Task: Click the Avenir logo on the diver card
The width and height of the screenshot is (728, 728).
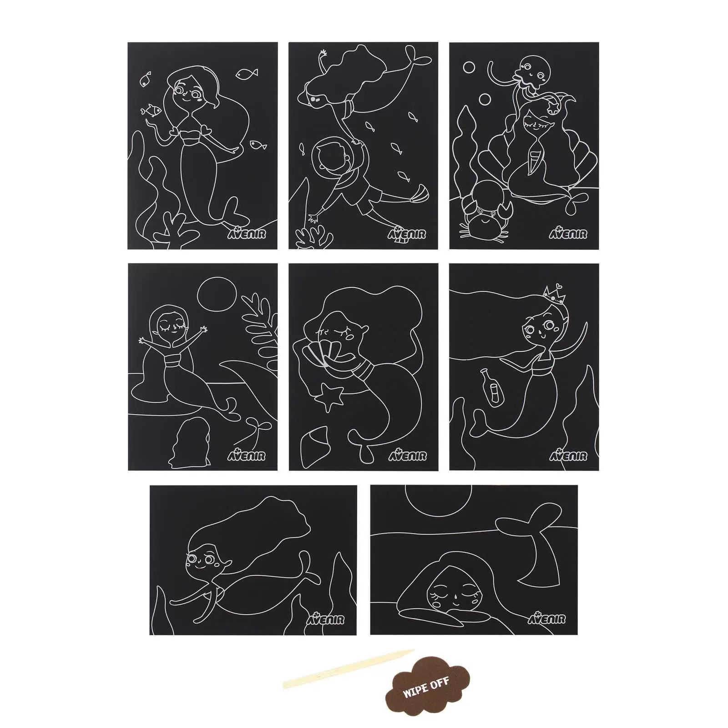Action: pyautogui.click(x=407, y=233)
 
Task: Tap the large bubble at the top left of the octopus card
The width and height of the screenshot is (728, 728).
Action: pyautogui.click(x=469, y=68)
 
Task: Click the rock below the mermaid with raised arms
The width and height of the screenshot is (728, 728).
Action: pyautogui.click(x=189, y=444)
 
